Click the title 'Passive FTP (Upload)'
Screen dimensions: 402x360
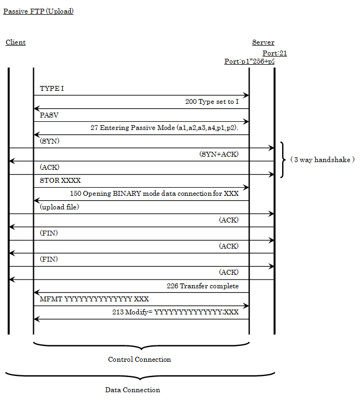[x=38, y=11]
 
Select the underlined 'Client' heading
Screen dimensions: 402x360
[x=15, y=42]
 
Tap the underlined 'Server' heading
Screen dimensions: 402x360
[x=263, y=42]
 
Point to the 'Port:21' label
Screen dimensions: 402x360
[x=274, y=53]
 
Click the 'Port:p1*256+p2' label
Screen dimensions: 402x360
[x=249, y=61]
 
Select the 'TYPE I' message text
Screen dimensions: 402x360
[x=52, y=88]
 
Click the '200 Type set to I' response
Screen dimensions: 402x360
[x=212, y=102]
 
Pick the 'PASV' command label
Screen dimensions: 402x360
[x=49, y=115]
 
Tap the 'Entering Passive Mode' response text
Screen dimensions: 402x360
[x=168, y=128]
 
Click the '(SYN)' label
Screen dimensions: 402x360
[x=50, y=141]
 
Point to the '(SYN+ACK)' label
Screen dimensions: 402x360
[x=219, y=154]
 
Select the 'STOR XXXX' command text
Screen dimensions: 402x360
[x=59, y=181]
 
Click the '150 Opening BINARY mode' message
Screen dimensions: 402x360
[x=154, y=194]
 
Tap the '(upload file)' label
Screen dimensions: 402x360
[x=59, y=207]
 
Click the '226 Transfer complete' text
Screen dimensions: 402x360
[x=203, y=286]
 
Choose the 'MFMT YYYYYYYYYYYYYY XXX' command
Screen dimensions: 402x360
[x=94, y=299]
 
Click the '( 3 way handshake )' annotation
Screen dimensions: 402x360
[x=322, y=160]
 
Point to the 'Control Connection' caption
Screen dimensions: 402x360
[x=139, y=360]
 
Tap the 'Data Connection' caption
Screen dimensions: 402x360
[x=133, y=390]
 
